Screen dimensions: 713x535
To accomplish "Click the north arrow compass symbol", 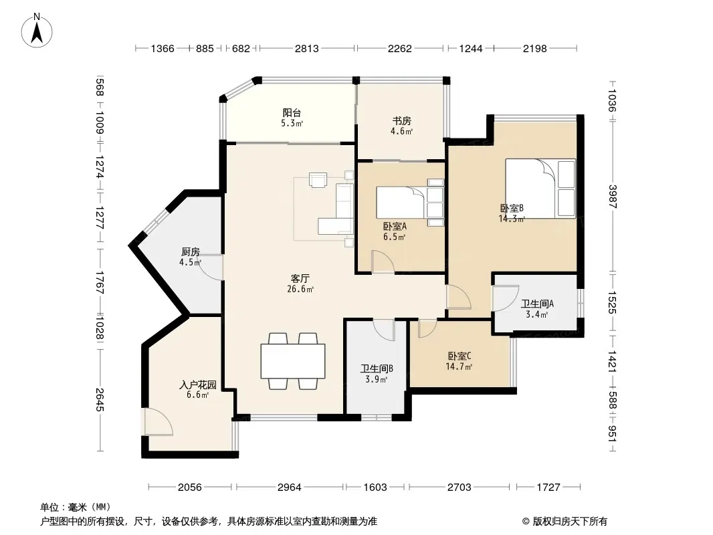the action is (37, 31).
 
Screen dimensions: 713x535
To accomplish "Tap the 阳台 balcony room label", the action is (292, 113).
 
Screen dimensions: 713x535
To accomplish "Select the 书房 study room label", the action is (401, 121).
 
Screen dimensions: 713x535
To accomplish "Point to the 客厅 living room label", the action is (300, 278).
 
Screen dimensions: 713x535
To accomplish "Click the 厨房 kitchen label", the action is (191, 252).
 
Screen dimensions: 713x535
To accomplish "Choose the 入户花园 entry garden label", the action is (198, 385).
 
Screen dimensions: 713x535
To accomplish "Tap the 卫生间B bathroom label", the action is (377, 368).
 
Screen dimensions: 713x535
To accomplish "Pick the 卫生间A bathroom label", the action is (537, 304).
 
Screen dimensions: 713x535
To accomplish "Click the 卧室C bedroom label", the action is (460, 356).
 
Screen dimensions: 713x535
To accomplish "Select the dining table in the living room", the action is (293, 361).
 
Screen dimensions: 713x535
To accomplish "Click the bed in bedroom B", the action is (540, 188).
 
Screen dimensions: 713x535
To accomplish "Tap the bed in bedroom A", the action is (410, 203).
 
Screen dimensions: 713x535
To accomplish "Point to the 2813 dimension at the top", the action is (307, 48).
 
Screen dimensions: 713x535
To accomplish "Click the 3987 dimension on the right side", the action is (612, 197).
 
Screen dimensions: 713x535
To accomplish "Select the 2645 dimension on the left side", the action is (100, 400).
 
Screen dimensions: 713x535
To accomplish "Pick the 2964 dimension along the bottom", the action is (290, 488).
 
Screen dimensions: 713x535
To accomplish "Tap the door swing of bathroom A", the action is (506, 298).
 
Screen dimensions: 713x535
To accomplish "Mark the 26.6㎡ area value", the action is (300, 289).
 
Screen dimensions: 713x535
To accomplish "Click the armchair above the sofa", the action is (318, 179).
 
